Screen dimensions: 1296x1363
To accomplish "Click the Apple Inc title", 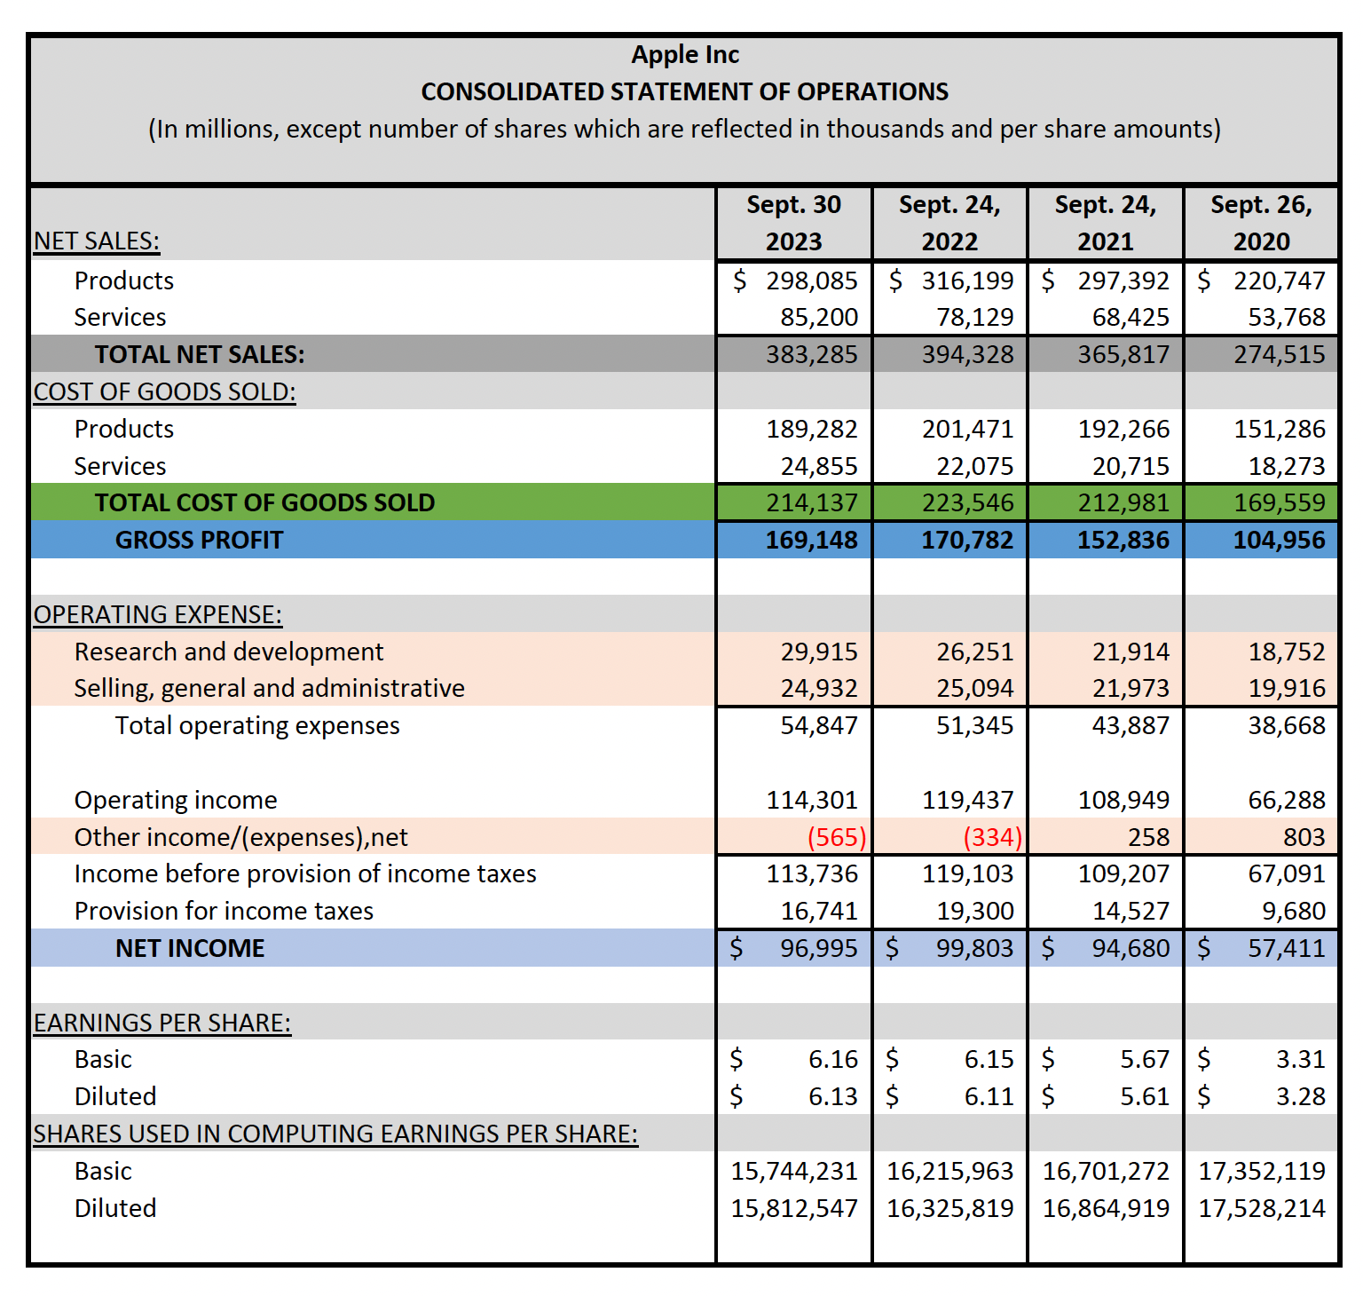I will pyautogui.click(x=684, y=55).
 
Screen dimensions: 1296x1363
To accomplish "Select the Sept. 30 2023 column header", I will pyautogui.click(x=793, y=223).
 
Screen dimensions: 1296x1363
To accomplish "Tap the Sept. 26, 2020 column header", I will pyautogui.click(x=1261, y=223).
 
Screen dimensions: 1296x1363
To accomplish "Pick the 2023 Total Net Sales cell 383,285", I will pyautogui.click(x=811, y=354).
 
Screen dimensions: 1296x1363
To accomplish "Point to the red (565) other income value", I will pyautogui.click(x=836, y=837).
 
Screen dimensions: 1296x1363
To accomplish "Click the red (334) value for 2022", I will pyautogui.click(x=992, y=837).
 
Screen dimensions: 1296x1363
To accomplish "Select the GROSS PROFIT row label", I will pyautogui.click(x=199, y=540).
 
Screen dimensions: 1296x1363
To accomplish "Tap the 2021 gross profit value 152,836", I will pyautogui.click(x=1123, y=540).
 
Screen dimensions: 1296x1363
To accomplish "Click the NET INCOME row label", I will pyautogui.click(x=190, y=948).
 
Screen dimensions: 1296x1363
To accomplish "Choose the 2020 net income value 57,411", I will pyautogui.click(x=1286, y=948).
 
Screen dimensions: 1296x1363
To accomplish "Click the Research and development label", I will pyautogui.click(x=229, y=652).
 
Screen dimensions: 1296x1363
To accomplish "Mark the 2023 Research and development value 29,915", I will pyautogui.click(x=818, y=652).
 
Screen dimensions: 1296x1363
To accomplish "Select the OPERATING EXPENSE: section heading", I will pyautogui.click(x=158, y=614).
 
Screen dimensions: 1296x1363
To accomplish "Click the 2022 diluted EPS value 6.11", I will pyautogui.click(x=989, y=1096).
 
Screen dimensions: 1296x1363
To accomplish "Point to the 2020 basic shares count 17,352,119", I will pyautogui.click(x=1261, y=1171).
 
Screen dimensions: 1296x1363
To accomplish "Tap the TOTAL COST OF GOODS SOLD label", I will pyautogui.click(x=264, y=502).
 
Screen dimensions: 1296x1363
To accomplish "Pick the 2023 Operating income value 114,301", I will pyautogui.click(x=811, y=800).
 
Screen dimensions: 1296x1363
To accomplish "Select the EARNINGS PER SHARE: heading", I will pyautogui.click(x=162, y=1023).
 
